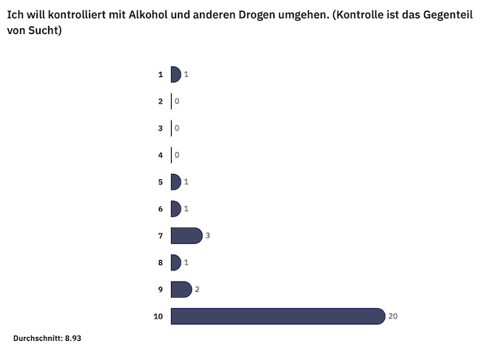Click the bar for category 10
278,316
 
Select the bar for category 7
186,236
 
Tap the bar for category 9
181,290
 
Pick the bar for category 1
175,74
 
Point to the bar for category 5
175,182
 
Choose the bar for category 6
175,209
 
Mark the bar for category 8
175,262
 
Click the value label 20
393,316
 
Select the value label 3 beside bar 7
208,236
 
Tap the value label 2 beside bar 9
198,290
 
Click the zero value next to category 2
177,101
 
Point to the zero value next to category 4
177,155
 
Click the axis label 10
158,316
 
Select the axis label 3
160,128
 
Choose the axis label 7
160,236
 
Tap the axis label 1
160,74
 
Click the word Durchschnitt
37,339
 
